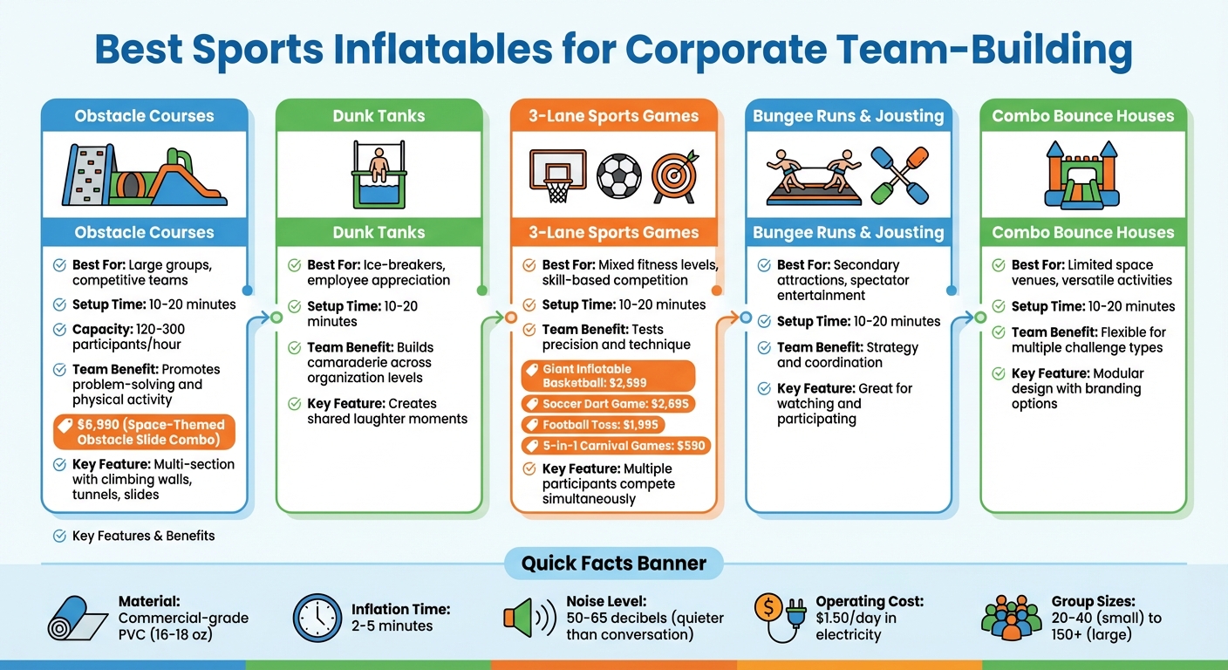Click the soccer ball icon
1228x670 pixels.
pyautogui.click(x=618, y=175)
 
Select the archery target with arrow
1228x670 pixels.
pyautogui.click(x=676, y=177)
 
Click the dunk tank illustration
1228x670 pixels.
pyautogui.click(x=379, y=174)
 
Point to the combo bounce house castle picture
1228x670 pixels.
pyautogui.click(x=1082, y=175)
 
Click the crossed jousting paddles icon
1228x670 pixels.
pyautogui.click(x=898, y=174)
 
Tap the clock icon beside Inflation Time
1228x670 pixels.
pyautogui.click(x=317, y=619)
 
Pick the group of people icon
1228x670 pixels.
pyautogui.click(x=1011, y=619)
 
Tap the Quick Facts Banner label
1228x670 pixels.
pyautogui.click(x=613, y=563)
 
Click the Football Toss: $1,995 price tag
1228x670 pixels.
pyautogui.click(x=592, y=425)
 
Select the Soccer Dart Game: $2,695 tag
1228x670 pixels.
pyautogui.click(x=608, y=404)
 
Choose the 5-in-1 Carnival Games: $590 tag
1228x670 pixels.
pyautogui.click(x=616, y=446)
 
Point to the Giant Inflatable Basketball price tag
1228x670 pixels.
pyautogui.click(x=608, y=376)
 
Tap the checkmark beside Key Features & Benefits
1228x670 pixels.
pyautogui.click(x=59, y=536)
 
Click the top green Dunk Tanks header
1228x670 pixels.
pyautogui.click(x=379, y=115)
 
